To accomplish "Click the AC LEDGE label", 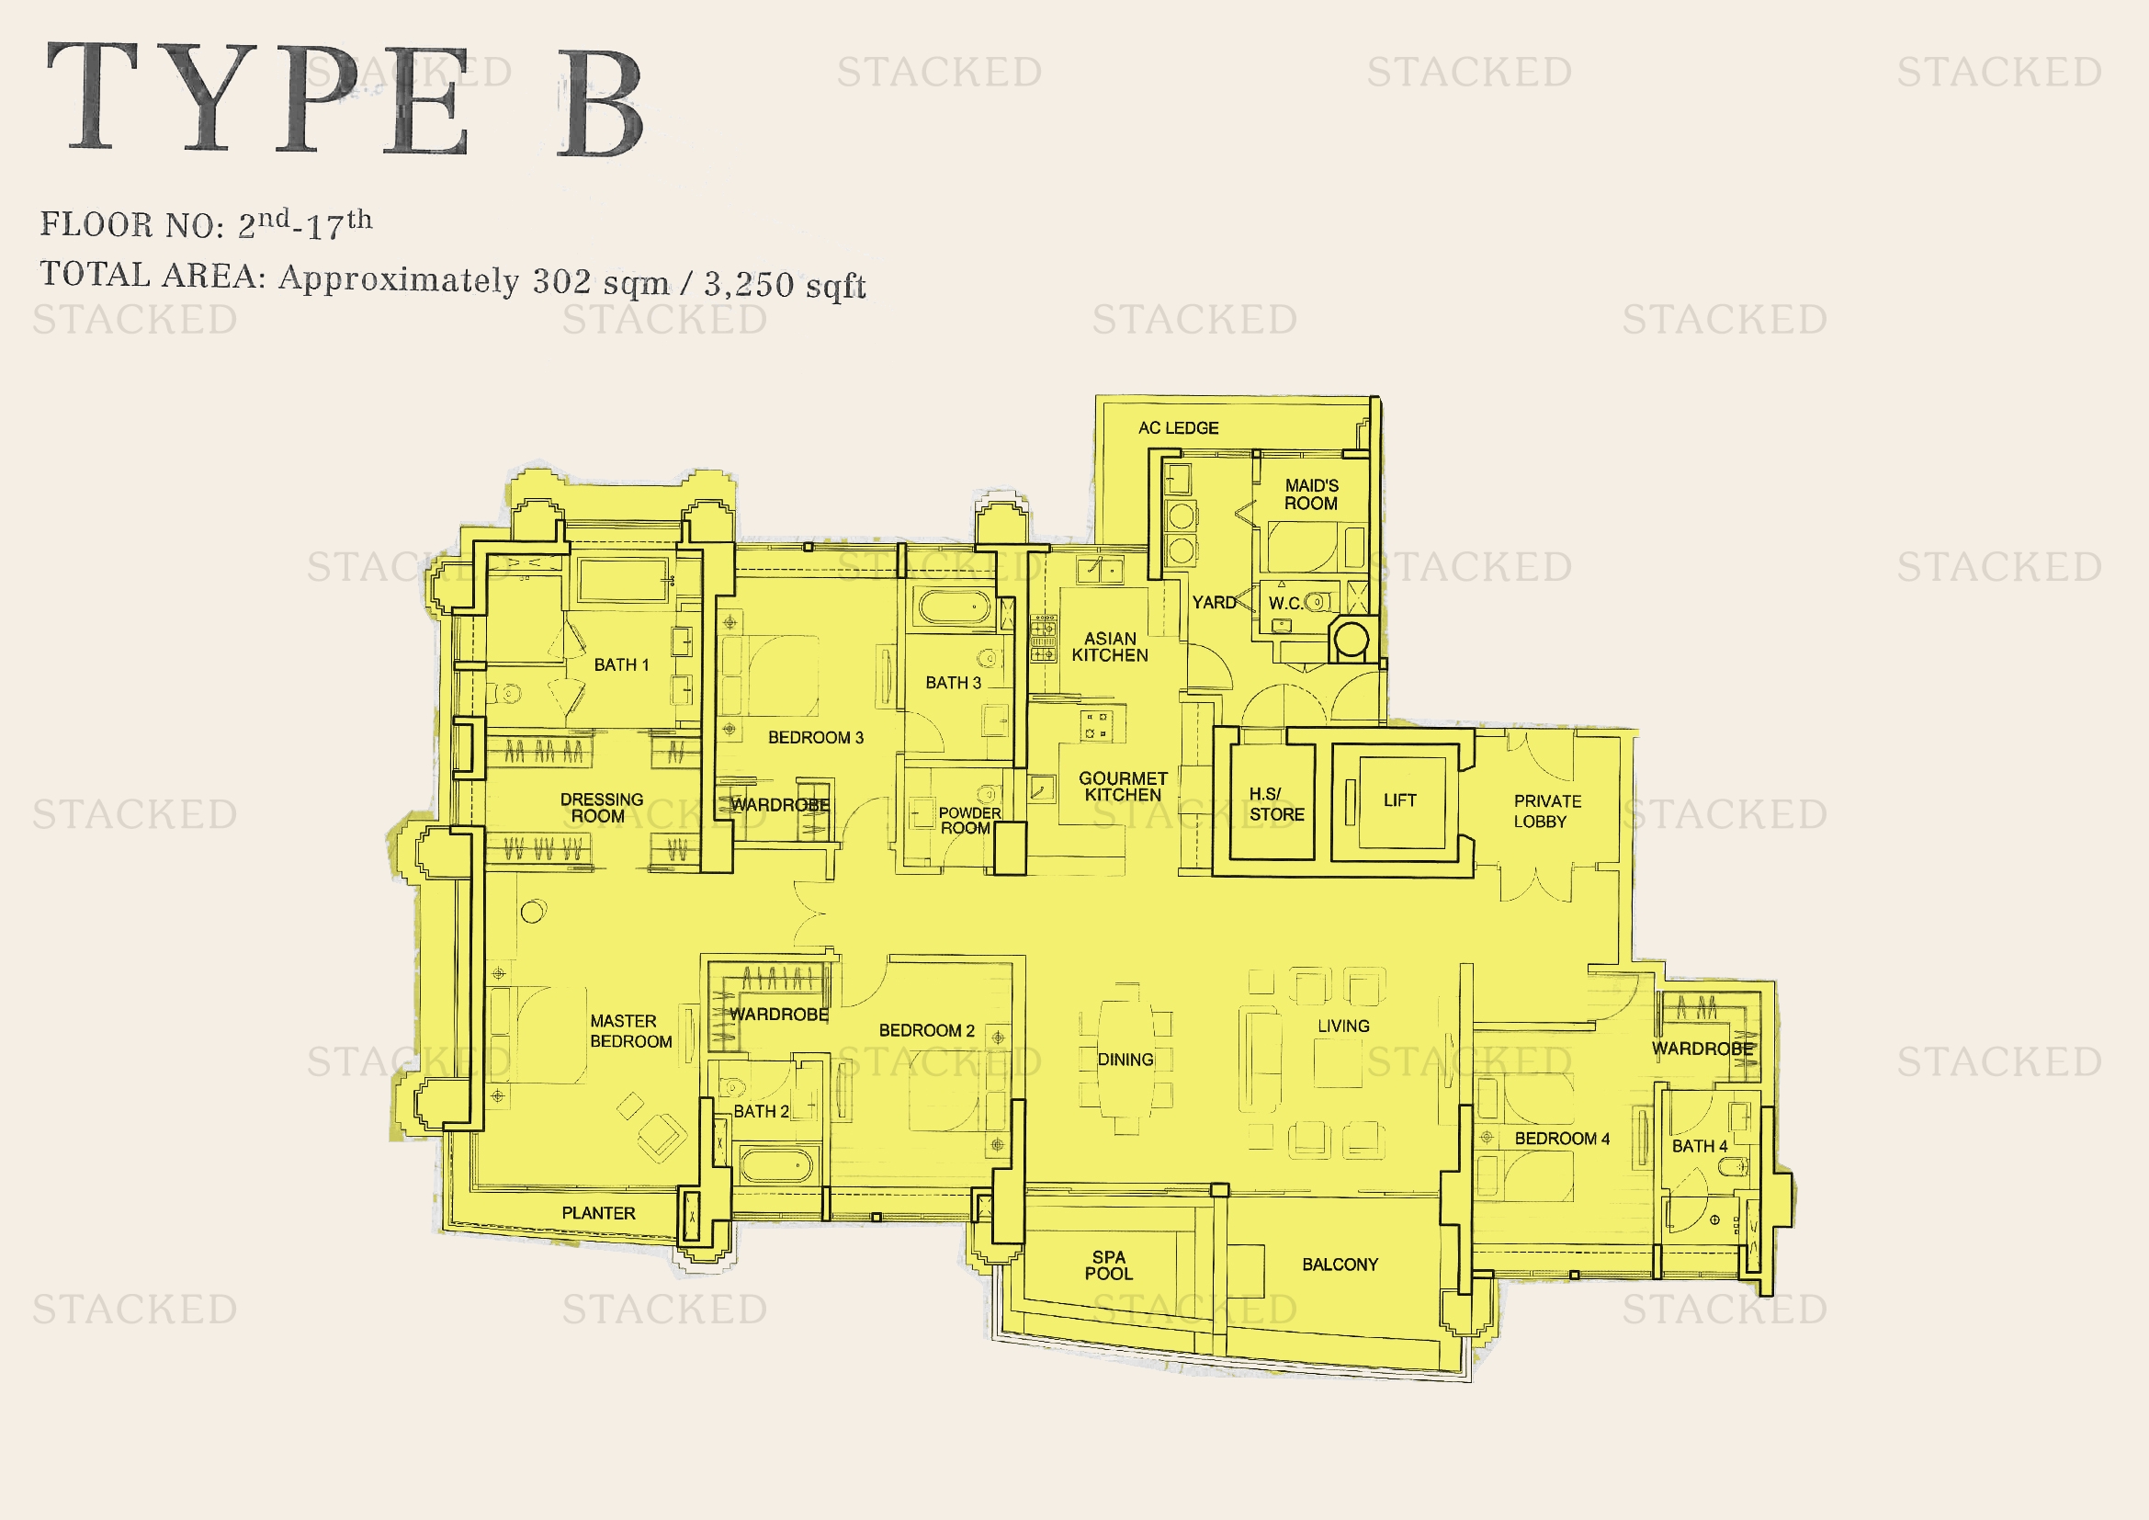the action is (x=1179, y=427).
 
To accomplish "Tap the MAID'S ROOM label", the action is (x=1311, y=494).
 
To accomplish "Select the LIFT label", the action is (x=1400, y=800).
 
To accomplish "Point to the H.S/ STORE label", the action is (x=1277, y=804).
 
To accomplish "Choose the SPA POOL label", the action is (x=1109, y=1265).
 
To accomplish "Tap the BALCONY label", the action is (x=1340, y=1265).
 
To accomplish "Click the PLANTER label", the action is (x=598, y=1213).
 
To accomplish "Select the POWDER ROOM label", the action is (x=969, y=821).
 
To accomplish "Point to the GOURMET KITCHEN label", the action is (x=1123, y=787).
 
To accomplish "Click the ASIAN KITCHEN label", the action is (x=1110, y=647).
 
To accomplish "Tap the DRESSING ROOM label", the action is (x=602, y=808).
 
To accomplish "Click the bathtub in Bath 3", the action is (x=955, y=607).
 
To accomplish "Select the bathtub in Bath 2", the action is (x=776, y=1166).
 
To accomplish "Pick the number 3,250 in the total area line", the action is (x=749, y=284).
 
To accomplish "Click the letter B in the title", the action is (x=600, y=103).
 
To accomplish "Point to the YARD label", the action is (x=1214, y=603).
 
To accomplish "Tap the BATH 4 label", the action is (x=1700, y=1146).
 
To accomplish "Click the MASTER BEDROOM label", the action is (x=631, y=1031).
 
